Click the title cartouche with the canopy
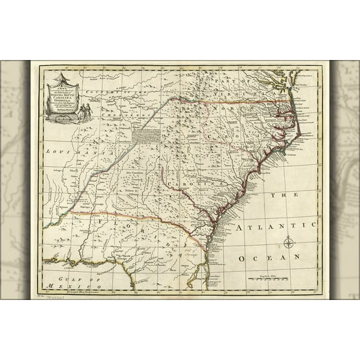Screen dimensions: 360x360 (x=61, y=97)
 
